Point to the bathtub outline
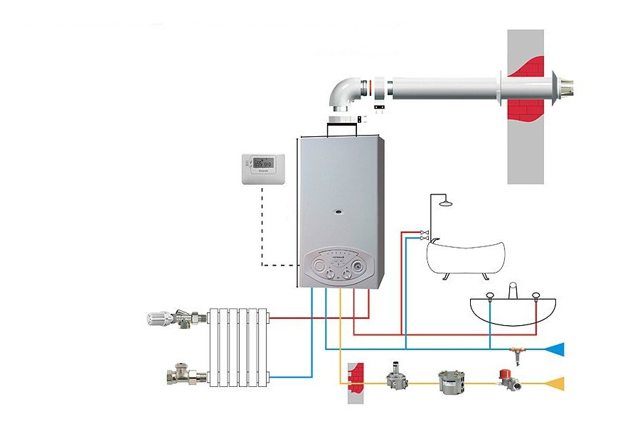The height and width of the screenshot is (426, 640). tap(466, 256)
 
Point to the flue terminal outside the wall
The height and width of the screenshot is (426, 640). tap(566, 89)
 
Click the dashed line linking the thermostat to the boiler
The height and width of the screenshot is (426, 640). tap(264, 227)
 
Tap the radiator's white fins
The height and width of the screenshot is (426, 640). tap(239, 348)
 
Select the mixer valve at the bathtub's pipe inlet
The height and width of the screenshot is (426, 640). tap(425, 234)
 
